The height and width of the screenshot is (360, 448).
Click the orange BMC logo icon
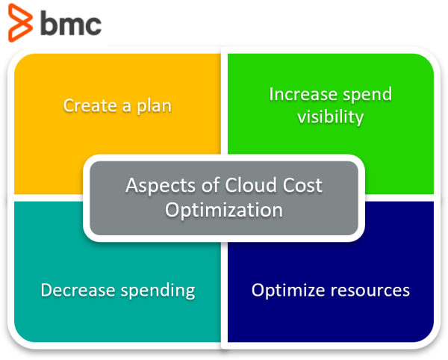pos(19,23)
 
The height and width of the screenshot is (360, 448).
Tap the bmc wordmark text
pos(71,23)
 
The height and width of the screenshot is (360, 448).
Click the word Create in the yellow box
pos(90,105)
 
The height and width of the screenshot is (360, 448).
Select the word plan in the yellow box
pos(154,106)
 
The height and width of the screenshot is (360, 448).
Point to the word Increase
pos(303,94)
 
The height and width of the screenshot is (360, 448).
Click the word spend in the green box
pos(367,95)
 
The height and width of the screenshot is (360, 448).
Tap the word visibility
pos(330,117)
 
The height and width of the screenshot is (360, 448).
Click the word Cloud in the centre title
pos(247,185)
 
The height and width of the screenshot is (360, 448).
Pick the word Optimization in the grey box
pos(224,210)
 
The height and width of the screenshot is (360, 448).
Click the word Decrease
pos(78,290)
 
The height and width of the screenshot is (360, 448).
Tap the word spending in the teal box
pos(158,291)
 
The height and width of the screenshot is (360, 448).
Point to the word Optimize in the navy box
pos(288,291)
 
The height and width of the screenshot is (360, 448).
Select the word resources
pos(370,291)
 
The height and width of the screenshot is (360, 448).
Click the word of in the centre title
pos(211,185)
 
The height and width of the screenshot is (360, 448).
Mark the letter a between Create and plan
pos(127,106)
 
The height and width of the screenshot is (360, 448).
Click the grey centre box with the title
pos(224,198)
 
